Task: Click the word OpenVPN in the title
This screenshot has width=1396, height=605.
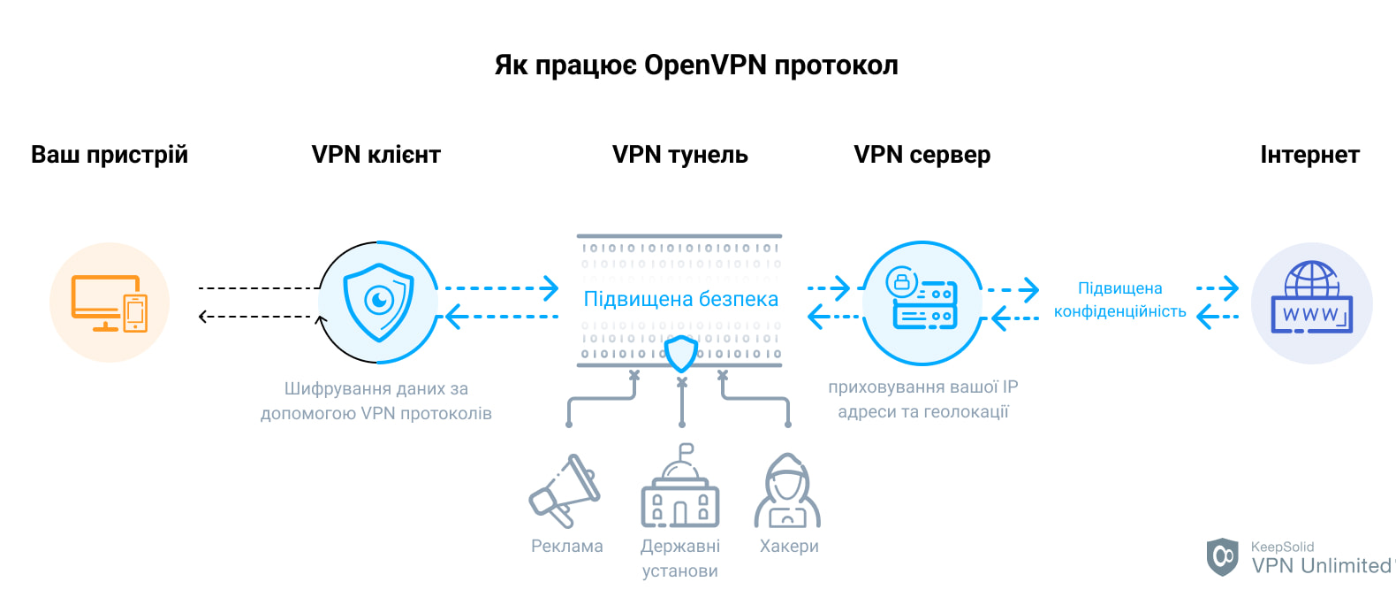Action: pyautogui.click(x=705, y=66)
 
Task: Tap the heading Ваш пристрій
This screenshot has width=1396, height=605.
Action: pyautogui.click(x=110, y=155)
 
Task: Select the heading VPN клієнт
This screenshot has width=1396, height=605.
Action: pyautogui.click(x=376, y=155)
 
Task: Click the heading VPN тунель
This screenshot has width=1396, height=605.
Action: pyautogui.click(x=679, y=155)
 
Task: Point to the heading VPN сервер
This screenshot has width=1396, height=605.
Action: pyautogui.click(x=922, y=155)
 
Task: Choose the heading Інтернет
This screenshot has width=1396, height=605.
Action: pyautogui.click(x=1309, y=155)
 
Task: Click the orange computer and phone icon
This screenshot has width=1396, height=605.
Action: pyautogui.click(x=110, y=302)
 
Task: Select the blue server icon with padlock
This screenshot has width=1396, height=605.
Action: pyautogui.click(x=922, y=301)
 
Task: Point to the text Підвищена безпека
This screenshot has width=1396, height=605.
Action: pyautogui.click(x=680, y=299)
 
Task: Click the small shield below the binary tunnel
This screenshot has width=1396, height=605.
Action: pyautogui.click(x=680, y=354)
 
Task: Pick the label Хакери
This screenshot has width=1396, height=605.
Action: pyautogui.click(x=789, y=547)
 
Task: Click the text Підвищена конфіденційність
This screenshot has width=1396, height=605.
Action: pyautogui.click(x=1119, y=300)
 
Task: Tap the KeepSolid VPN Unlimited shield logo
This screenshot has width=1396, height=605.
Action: pyautogui.click(x=1223, y=556)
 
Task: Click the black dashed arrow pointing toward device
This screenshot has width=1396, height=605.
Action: pyautogui.click(x=256, y=317)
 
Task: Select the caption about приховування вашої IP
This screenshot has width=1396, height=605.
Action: pyautogui.click(x=922, y=399)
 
